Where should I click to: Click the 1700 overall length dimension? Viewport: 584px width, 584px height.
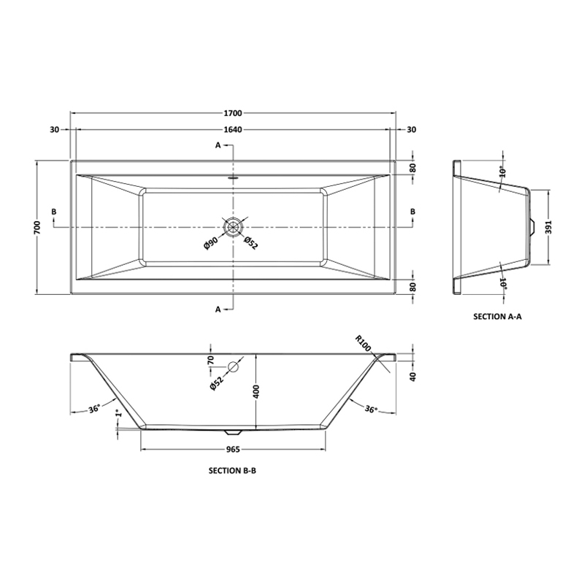(x=233, y=113)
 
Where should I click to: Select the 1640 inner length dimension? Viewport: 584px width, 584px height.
(x=233, y=130)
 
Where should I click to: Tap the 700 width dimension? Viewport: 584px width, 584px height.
(x=37, y=227)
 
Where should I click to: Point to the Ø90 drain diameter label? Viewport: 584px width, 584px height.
(x=211, y=242)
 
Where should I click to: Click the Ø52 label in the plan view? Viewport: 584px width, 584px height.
(x=251, y=243)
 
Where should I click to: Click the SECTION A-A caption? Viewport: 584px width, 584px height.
(x=498, y=317)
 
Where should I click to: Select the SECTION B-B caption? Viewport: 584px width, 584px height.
(x=232, y=471)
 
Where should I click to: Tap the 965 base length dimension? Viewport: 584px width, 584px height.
(x=233, y=450)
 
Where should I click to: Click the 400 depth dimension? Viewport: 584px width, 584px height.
(x=256, y=391)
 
